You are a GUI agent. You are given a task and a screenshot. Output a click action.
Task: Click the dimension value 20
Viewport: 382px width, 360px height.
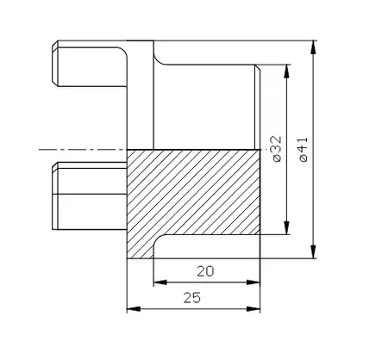point(205,271)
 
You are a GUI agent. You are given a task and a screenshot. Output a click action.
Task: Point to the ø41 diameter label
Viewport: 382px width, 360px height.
point(303,149)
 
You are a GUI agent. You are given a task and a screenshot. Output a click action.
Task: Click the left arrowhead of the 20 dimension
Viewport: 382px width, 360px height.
point(158,282)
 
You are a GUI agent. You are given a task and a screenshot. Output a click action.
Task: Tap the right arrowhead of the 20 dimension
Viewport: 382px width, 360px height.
point(256,282)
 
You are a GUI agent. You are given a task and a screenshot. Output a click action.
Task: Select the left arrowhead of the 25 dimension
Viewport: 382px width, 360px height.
point(132,307)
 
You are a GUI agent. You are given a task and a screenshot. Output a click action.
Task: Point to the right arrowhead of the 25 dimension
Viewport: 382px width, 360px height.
point(256,307)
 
